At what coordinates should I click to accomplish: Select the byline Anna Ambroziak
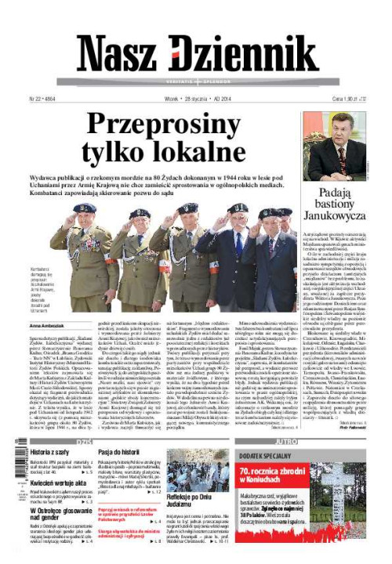[x=45, y=324]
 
